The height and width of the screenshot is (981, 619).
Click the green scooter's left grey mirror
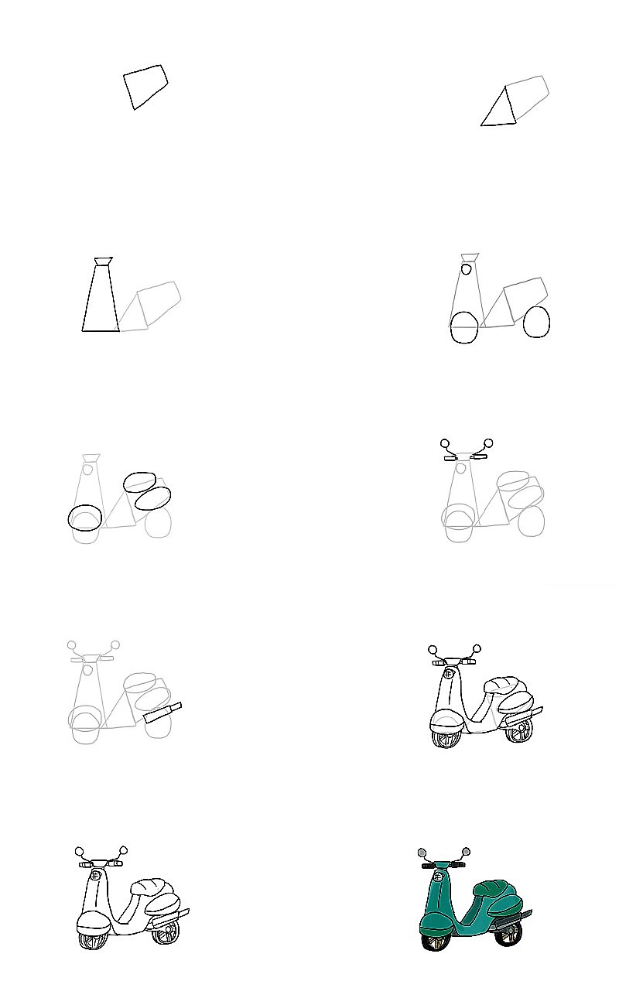(422, 853)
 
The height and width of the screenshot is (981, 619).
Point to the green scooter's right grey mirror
(466, 852)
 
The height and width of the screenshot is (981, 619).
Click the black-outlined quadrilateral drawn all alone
(145, 86)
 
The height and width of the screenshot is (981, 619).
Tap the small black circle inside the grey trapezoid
(466, 269)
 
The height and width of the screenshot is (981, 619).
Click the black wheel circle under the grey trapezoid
(464, 327)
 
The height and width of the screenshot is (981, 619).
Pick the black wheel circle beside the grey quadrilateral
(536, 322)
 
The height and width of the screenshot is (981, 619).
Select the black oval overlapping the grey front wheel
(85, 518)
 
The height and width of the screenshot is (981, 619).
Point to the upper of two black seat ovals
(139, 482)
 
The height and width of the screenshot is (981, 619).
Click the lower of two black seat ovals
(152, 497)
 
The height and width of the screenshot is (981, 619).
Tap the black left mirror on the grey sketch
(445, 444)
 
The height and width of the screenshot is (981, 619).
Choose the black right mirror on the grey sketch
(488, 443)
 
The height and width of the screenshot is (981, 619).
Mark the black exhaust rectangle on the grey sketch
(162, 713)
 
